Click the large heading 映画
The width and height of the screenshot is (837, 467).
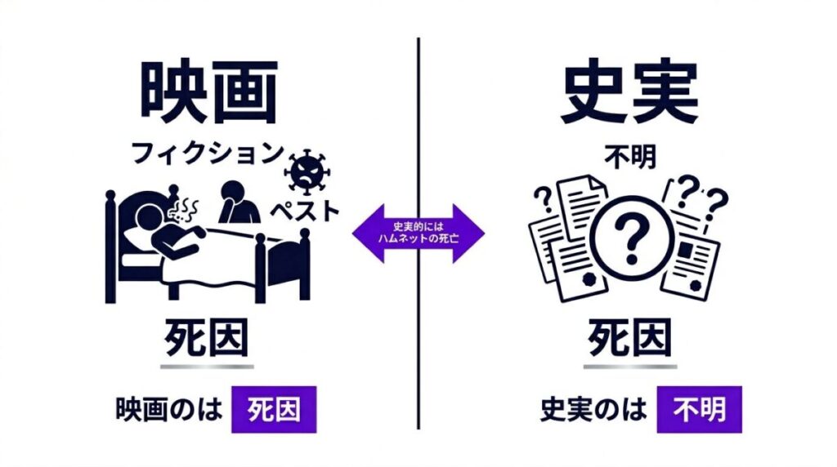(x=209, y=91)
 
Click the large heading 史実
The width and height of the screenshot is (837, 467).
(x=630, y=91)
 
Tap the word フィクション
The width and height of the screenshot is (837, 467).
(x=207, y=153)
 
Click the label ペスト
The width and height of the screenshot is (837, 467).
(x=304, y=211)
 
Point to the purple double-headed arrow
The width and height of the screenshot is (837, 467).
(x=418, y=233)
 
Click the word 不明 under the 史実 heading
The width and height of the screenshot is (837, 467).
(x=630, y=158)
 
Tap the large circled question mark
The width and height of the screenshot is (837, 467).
(x=632, y=237)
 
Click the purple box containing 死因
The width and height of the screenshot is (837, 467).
(x=274, y=409)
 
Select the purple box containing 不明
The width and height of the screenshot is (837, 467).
(x=700, y=409)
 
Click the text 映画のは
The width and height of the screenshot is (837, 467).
(x=168, y=410)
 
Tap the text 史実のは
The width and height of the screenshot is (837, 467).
(x=593, y=410)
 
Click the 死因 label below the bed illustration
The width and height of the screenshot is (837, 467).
(x=207, y=338)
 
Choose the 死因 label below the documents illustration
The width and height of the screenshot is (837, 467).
(x=630, y=338)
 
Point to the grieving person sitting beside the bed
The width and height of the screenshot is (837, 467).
(x=237, y=202)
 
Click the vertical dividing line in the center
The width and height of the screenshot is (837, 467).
(x=418, y=233)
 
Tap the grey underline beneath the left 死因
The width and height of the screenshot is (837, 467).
(x=207, y=367)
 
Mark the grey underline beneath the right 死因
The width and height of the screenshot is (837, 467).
(x=630, y=367)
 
